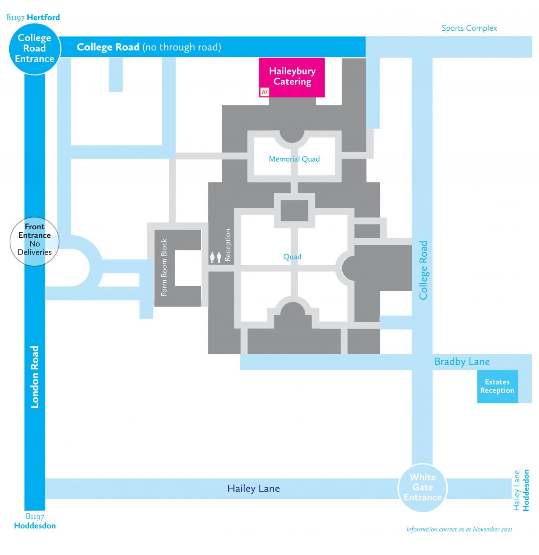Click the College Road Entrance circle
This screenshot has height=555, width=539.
[35, 48]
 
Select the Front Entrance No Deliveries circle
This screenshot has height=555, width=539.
[35, 241]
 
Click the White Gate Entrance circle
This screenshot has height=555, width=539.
[422, 487]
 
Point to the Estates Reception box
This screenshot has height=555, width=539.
[497, 386]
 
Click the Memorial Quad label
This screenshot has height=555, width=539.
[294, 159]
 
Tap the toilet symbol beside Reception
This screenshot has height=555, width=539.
[216, 258]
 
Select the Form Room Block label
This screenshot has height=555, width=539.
[164, 267]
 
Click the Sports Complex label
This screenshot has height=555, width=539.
[469, 28]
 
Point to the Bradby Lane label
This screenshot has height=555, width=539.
[462, 362]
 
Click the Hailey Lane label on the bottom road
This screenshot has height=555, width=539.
[253, 489]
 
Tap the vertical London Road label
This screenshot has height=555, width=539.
[35, 377]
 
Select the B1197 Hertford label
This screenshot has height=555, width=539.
[33, 17]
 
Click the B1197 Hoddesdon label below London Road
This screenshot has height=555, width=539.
[35, 521]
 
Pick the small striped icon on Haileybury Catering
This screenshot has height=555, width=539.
[264, 92]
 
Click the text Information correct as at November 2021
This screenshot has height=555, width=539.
[459, 529]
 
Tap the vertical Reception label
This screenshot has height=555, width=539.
[228, 245]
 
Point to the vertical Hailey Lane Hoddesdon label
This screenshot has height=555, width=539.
[521, 490]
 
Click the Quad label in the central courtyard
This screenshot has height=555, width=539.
[292, 257]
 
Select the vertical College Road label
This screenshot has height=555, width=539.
[423, 270]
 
